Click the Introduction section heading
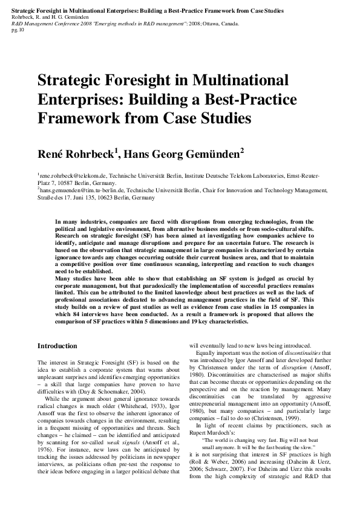(x=57, y=346)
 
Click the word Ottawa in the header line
(x=215, y=24)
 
